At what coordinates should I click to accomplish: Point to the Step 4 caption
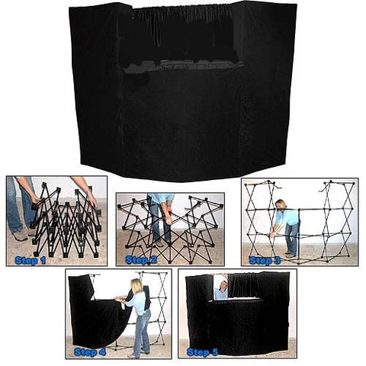[x=91, y=352]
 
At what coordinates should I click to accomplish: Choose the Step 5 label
[x=201, y=352]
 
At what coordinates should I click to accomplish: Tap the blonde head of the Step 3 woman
[x=281, y=205]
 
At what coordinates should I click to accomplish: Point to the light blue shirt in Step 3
[x=288, y=217]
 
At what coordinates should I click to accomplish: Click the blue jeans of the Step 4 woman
[x=142, y=332]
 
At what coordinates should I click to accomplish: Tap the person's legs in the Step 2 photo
[x=161, y=225]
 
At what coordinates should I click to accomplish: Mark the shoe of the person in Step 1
[x=21, y=236]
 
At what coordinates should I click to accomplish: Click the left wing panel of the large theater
[x=100, y=84]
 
